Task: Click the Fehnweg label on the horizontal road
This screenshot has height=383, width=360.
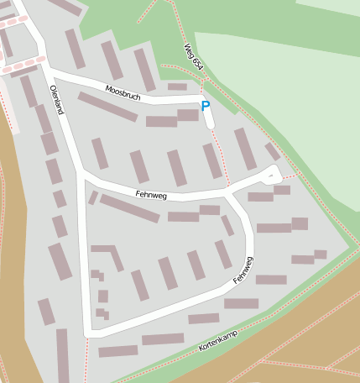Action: coord(151,194)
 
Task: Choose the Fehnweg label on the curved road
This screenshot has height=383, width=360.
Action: coord(244,270)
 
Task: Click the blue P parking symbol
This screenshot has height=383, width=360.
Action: coord(205,107)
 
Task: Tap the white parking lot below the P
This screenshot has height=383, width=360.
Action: coord(209,120)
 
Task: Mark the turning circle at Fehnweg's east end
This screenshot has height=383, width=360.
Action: coord(271,175)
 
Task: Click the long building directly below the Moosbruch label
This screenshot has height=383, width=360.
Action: coord(107,107)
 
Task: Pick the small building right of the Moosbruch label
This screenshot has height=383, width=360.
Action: coord(177,87)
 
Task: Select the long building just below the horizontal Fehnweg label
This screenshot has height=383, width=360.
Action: coord(129,208)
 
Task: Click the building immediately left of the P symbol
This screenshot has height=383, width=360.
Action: coord(188,115)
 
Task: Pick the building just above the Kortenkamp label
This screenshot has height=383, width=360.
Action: coord(204,319)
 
